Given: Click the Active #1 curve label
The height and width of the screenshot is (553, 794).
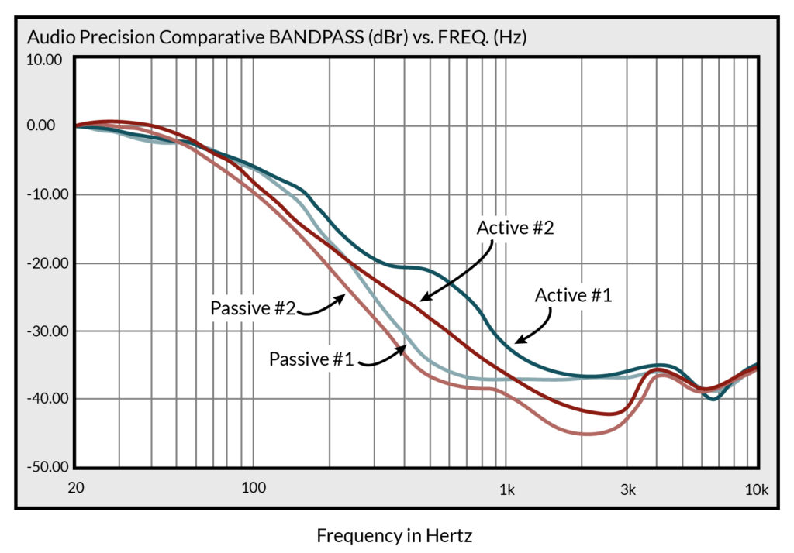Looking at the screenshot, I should tap(574, 295).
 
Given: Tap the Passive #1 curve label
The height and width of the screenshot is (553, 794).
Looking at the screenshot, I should tap(312, 359).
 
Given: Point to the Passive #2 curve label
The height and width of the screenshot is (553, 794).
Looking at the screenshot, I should tap(253, 307).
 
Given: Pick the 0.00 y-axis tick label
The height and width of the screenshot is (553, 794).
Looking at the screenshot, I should tap(47, 125).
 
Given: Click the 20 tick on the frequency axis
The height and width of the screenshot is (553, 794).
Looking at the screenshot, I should tap(76, 489).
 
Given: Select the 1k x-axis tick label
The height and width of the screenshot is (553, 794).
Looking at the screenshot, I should tap(507, 489).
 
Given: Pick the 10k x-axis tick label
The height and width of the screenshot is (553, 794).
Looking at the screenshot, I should tap(756, 489).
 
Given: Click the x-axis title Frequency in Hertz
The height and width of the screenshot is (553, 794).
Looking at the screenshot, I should tap(394, 535).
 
